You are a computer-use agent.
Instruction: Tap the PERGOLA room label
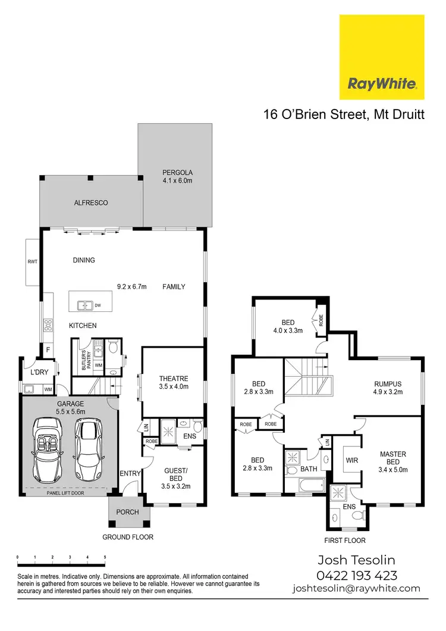[x=178, y=177]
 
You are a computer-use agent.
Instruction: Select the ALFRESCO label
[x=91, y=203]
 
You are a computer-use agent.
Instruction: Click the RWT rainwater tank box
[x=32, y=260]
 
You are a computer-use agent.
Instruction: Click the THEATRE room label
[x=174, y=382]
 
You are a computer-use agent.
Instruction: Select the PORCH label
[x=127, y=513]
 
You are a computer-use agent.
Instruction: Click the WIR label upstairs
[x=346, y=460]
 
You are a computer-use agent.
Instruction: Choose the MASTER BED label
[x=392, y=458]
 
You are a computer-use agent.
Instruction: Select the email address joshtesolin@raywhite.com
[x=356, y=589]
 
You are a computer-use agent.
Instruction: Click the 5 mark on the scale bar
[x=105, y=558]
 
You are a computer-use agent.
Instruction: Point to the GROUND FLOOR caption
[x=128, y=537]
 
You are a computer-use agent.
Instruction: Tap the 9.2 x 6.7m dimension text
[x=134, y=286]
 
